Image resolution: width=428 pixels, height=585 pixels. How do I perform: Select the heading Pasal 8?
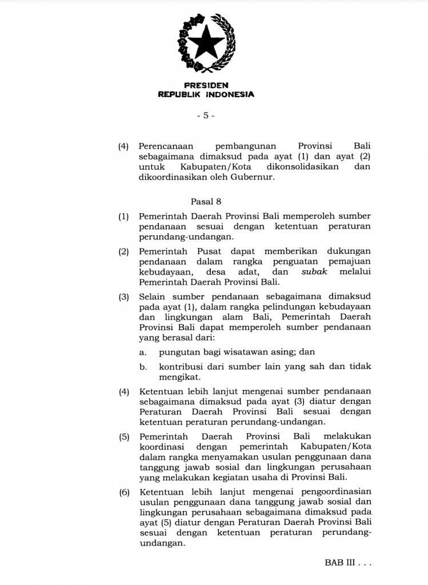205,201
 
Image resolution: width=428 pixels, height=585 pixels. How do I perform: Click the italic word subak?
315,271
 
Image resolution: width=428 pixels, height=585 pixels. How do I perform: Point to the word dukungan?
349,251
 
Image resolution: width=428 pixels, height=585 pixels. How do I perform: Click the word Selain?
151,295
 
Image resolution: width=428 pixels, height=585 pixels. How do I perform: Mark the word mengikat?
178,377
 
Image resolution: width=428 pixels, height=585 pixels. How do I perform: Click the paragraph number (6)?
123,493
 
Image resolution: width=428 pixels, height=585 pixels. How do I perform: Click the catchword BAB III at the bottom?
338,563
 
